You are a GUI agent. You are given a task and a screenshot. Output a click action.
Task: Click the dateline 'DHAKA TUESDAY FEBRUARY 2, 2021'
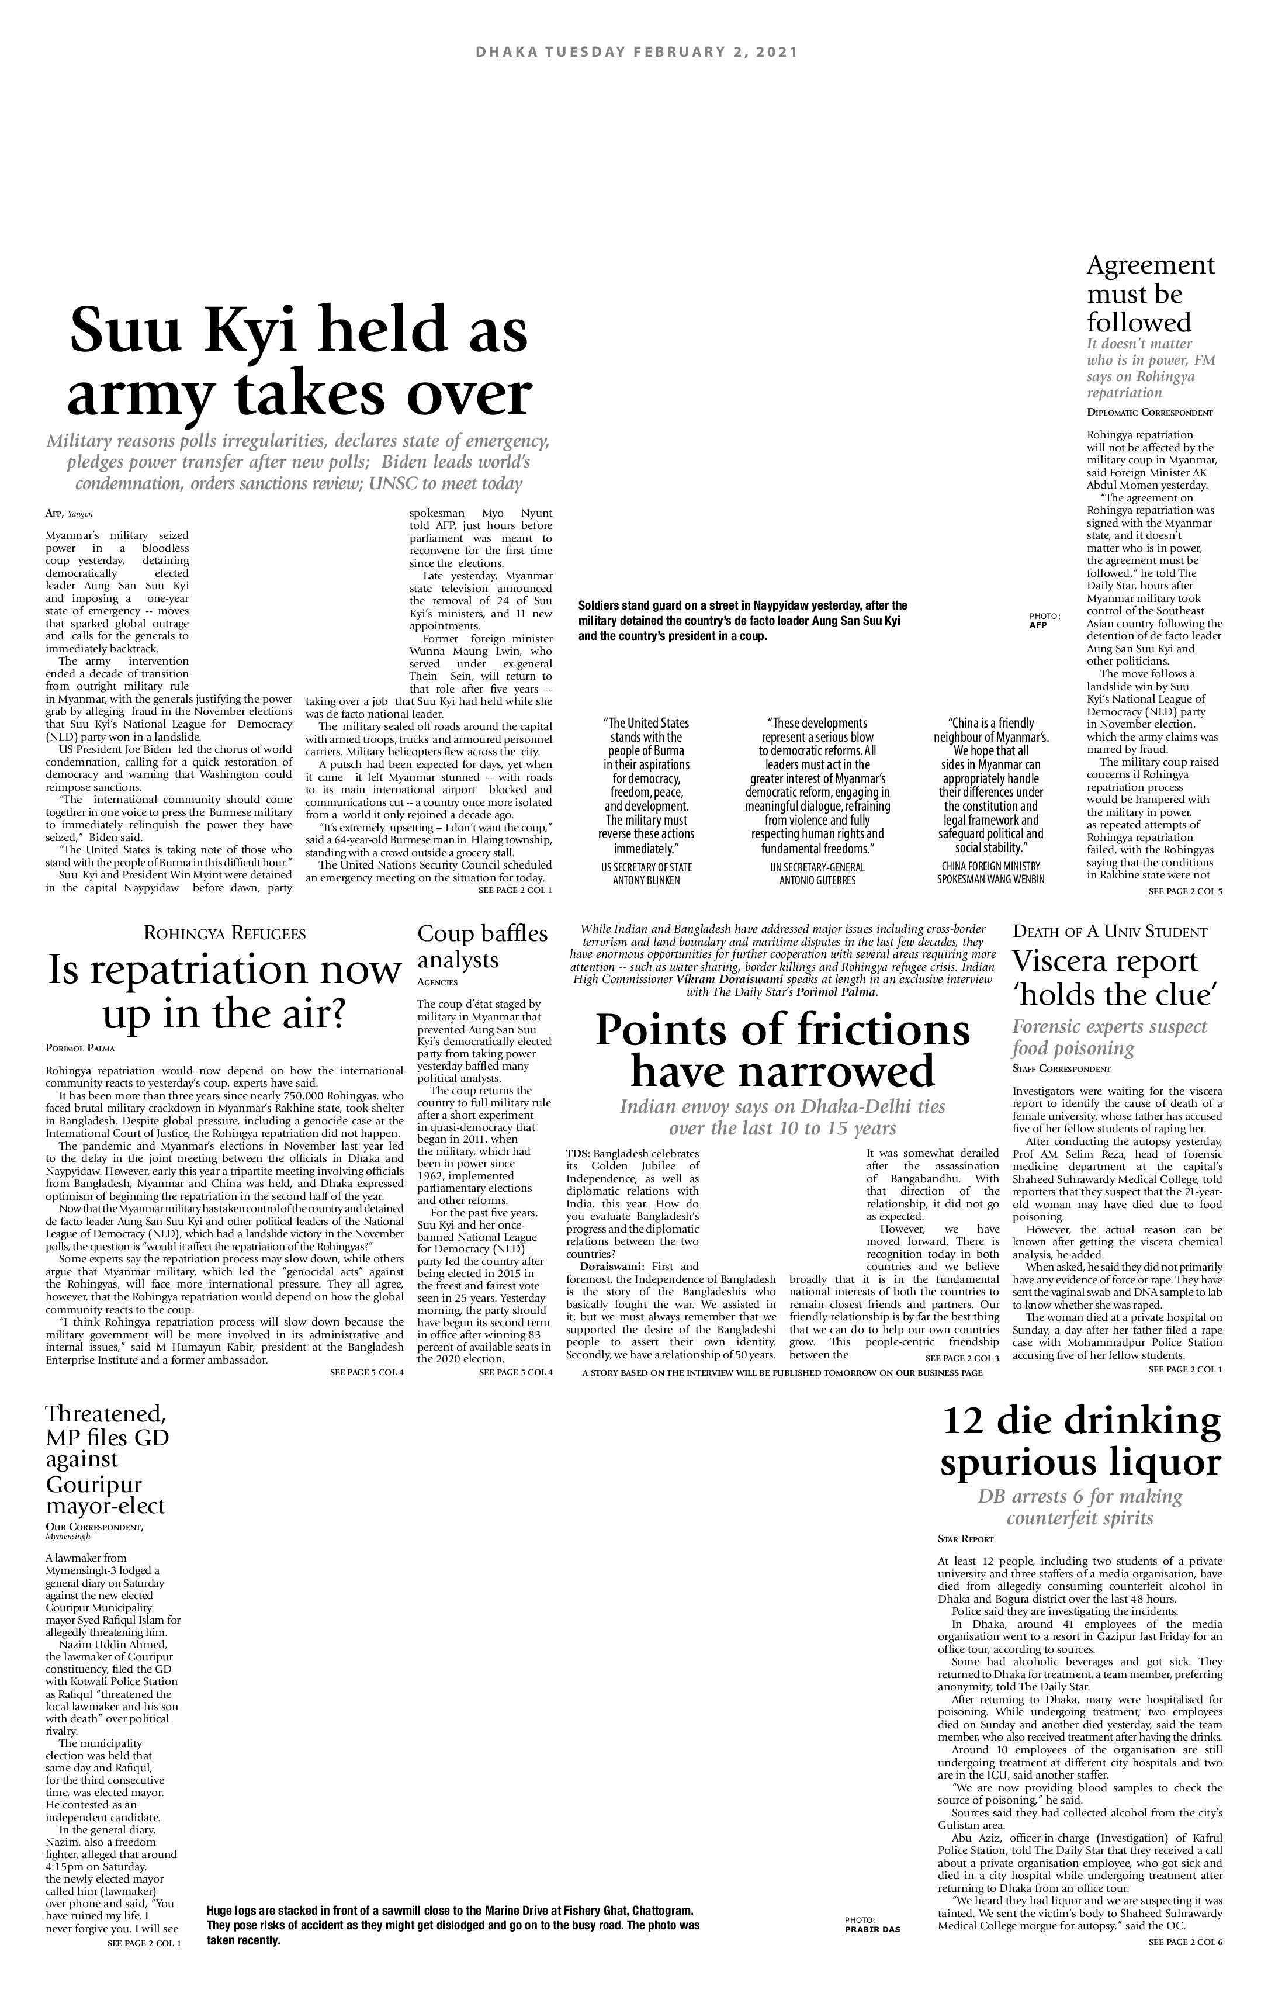[636, 52]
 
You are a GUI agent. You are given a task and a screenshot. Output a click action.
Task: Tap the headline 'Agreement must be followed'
[1151, 294]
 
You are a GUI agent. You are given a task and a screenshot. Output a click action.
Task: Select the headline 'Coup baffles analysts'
[483, 946]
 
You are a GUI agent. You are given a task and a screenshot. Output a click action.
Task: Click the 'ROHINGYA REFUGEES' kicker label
[225, 933]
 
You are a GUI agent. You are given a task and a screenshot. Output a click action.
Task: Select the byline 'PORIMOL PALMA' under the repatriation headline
[80, 1049]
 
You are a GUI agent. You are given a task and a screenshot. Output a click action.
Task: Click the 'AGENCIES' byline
[437, 982]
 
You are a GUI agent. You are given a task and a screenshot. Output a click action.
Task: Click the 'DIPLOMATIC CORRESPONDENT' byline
[1149, 412]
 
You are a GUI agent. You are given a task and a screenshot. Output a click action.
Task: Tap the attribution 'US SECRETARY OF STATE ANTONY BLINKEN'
[646, 874]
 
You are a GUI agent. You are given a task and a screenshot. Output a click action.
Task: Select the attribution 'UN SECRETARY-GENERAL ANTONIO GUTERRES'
[817, 874]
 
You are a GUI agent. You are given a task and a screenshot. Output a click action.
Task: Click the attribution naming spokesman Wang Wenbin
[990, 874]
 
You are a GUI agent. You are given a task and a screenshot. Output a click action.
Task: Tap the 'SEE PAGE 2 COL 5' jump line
[1185, 891]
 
